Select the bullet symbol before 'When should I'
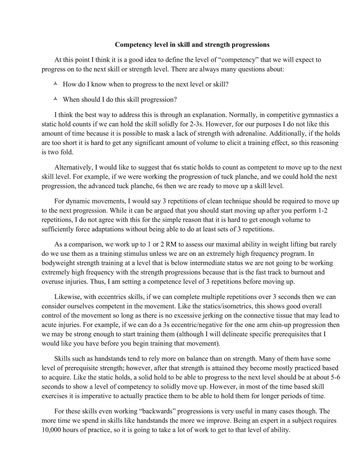point(55,99)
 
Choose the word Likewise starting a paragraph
point(69,298)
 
